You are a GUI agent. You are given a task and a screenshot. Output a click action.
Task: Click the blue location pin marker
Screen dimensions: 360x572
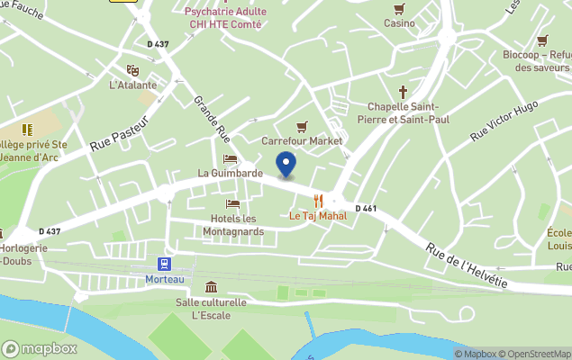pos(286,166)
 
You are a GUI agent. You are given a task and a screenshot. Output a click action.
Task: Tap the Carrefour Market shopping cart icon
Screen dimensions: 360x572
pos(303,127)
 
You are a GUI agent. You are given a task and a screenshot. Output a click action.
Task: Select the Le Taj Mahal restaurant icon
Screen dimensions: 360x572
pos(317,201)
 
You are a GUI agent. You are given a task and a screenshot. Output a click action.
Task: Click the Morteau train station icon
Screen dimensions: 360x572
pos(165,264)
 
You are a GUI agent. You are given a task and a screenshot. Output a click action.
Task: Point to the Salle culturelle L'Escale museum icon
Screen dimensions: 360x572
pos(211,287)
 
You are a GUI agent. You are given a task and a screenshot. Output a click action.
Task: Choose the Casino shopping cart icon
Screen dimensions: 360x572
pos(400,9)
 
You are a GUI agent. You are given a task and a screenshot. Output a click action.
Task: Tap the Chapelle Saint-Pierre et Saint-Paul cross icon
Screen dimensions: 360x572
pos(403,91)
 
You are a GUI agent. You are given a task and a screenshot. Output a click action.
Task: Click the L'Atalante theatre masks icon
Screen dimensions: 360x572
pos(132,70)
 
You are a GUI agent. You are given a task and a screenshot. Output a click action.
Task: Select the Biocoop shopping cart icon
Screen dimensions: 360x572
pos(541,40)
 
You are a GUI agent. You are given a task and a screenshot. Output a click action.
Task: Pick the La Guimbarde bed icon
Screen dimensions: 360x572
pos(230,159)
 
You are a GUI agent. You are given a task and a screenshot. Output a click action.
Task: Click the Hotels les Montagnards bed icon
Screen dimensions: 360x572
pos(232,204)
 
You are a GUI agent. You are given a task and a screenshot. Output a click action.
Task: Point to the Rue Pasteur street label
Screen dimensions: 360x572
pos(117,137)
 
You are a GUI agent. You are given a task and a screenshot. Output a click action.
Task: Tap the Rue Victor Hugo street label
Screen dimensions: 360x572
pos(504,121)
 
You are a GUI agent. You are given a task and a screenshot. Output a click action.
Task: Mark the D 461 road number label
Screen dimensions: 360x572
pos(366,209)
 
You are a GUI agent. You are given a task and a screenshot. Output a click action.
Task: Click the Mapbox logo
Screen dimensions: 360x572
pos(39,348)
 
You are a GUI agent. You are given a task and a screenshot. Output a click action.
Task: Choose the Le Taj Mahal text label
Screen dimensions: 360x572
pos(317,216)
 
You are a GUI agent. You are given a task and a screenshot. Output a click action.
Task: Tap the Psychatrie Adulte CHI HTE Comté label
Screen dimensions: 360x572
pos(222,18)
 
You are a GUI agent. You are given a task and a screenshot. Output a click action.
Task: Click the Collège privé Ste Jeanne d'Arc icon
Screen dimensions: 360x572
pos(27,130)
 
